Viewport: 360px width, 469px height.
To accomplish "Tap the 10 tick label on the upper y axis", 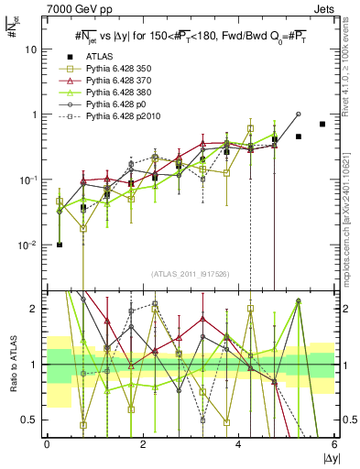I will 29,50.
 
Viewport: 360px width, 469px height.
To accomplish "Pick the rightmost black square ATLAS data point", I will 322,124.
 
